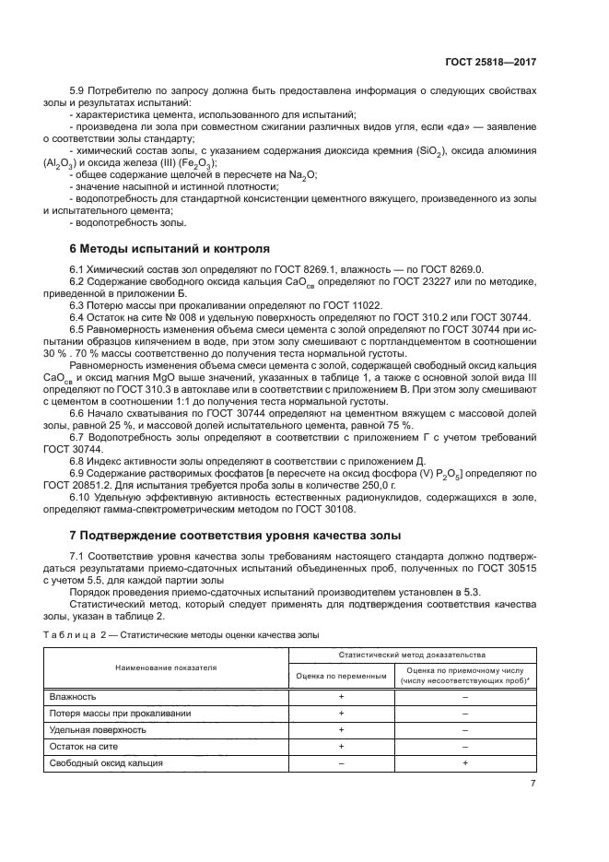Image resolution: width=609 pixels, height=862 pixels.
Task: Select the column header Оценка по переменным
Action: [341, 675]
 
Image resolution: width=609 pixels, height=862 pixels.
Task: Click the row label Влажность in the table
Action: [73, 696]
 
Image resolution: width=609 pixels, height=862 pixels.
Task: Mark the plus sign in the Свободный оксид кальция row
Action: [465, 762]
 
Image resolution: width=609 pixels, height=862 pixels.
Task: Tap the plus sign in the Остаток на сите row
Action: [341, 746]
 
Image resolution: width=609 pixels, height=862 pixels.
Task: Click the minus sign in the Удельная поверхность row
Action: [465, 729]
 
